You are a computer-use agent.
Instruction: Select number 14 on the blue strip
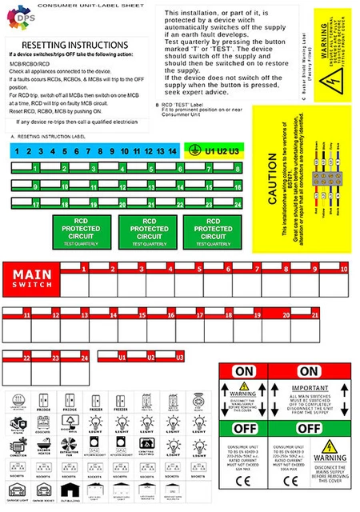171,151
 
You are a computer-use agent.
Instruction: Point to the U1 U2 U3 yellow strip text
222,151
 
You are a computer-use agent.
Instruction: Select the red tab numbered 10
344,270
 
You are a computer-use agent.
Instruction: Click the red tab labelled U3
180,357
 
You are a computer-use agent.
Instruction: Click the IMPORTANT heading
318,371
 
